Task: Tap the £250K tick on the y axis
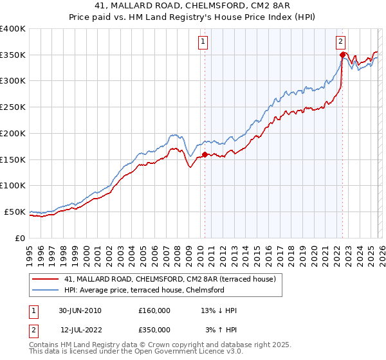click(x=13, y=107)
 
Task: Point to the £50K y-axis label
click(x=15, y=212)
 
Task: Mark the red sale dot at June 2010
click(x=205, y=154)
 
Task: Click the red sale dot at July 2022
click(x=342, y=55)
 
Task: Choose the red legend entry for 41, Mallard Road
click(x=170, y=279)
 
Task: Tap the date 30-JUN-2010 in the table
click(x=80, y=310)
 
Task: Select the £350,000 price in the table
click(x=154, y=330)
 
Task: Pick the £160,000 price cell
click(x=154, y=310)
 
